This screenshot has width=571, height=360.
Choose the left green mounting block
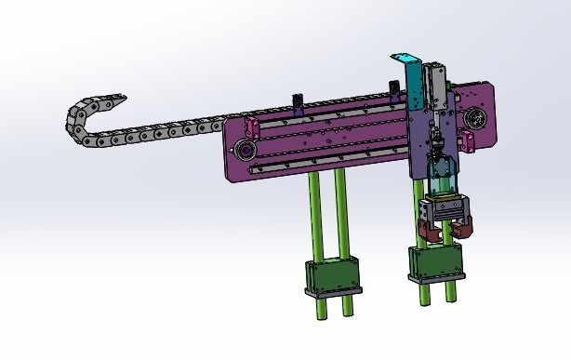pyautogui.click(x=330, y=276)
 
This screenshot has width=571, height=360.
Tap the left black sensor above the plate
pyautogui.click(x=297, y=100)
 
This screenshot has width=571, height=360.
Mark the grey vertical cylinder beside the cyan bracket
pyautogui.click(x=434, y=84)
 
